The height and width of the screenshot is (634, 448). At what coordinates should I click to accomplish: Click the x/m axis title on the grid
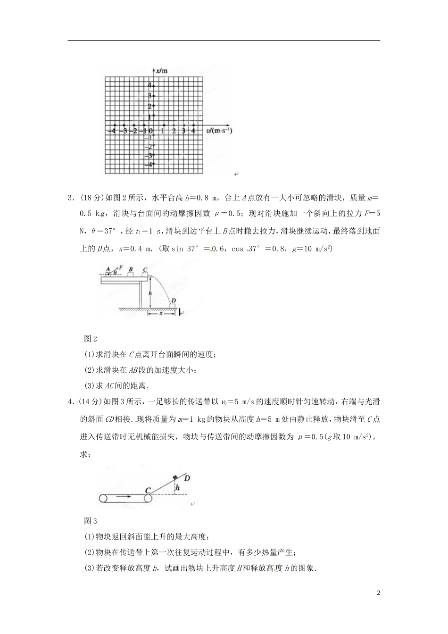pos(162,71)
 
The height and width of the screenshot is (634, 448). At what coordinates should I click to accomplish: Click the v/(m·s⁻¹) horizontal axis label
pos(218,130)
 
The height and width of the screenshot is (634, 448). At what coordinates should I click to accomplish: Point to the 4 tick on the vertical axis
pos(150,85)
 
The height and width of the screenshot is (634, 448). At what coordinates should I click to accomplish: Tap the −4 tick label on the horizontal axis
pos(111,131)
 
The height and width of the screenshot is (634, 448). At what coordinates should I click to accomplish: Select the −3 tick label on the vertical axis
pos(150,155)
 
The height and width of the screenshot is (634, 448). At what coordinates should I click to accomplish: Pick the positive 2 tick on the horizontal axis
pos(174,131)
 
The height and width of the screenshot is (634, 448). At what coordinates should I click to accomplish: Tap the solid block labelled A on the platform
pos(108,273)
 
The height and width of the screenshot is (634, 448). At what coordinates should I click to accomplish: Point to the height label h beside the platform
pos(150,293)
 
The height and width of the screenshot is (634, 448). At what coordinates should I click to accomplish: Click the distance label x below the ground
pos(160,313)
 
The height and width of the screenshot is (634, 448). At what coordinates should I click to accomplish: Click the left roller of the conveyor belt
pos(104,498)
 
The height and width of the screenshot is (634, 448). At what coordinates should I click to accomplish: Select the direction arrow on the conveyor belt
pos(124,496)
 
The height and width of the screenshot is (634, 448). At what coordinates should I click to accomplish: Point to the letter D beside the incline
pos(187,478)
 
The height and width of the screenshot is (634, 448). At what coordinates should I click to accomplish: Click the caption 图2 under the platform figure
pos(90,339)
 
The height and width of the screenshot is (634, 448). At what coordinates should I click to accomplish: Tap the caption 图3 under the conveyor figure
pos(90,521)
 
